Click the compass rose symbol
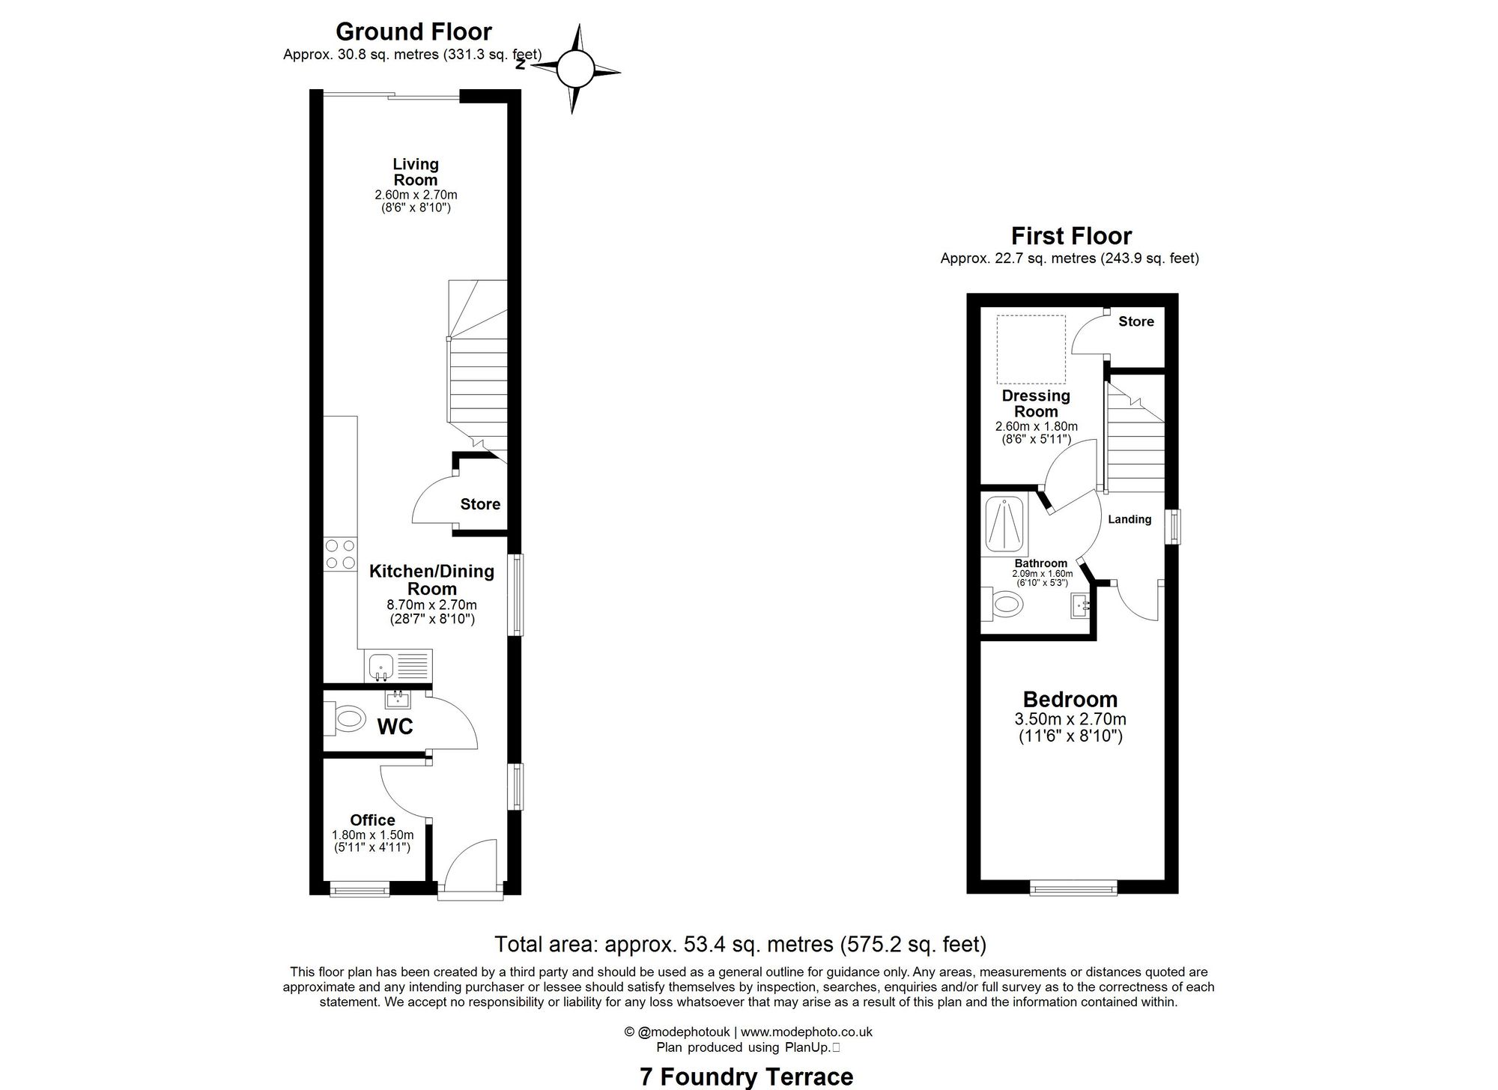pyautogui.click(x=575, y=69)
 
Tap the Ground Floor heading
pyautogui.click(x=413, y=31)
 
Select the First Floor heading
pyautogui.click(x=1071, y=236)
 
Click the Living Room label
pyautogui.click(x=416, y=172)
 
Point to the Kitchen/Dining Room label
pyautogui.click(x=432, y=580)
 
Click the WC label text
pyautogui.click(x=395, y=726)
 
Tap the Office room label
pyautogui.click(x=372, y=820)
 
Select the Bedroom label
pyautogui.click(x=1070, y=699)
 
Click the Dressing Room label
pyautogui.click(x=1036, y=403)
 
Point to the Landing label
pyautogui.click(x=1129, y=519)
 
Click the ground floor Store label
pyautogui.click(x=480, y=504)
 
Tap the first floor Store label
pyautogui.click(x=1136, y=321)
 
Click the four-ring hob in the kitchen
pyautogui.click(x=341, y=554)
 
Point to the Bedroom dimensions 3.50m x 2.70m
pyautogui.click(x=1070, y=719)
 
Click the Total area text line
pyautogui.click(x=740, y=944)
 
